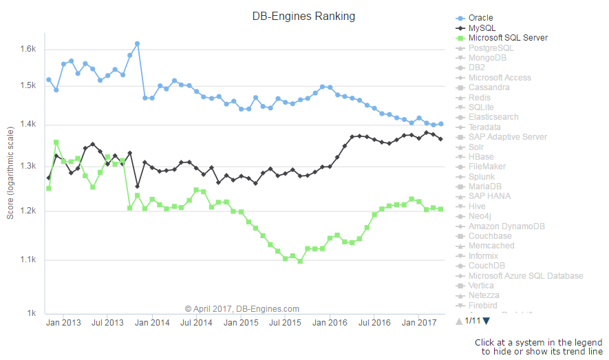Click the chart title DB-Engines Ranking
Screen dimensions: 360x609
pyautogui.click(x=303, y=16)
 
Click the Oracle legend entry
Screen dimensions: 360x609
pyautogui.click(x=480, y=18)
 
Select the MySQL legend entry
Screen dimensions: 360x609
pyautogui.click(x=482, y=28)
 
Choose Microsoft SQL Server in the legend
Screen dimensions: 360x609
pyautogui.click(x=508, y=38)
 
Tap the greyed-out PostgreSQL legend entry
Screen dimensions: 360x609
pyautogui.click(x=491, y=48)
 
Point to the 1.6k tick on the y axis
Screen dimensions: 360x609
pyautogui.click(x=27, y=49)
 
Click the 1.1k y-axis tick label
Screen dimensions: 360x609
pyautogui.click(x=27, y=260)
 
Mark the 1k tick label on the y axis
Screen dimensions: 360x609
pyautogui.click(x=32, y=313)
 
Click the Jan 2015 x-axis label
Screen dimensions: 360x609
pyautogui.click(x=241, y=322)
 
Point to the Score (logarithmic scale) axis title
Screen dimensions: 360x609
pyautogui.click(x=10, y=172)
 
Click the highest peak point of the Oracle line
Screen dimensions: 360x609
pyautogui.click(x=137, y=43)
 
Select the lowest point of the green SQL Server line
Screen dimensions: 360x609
pyautogui.click(x=300, y=262)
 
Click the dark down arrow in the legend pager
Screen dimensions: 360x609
pyautogui.click(x=487, y=321)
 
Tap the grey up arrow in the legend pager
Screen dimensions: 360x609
pyautogui.click(x=459, y=321)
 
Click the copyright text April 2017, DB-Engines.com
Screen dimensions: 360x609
pyautogui.click(x=242, y=309)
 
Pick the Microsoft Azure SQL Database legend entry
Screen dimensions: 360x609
pyautogui.click(x=525, y=276)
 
